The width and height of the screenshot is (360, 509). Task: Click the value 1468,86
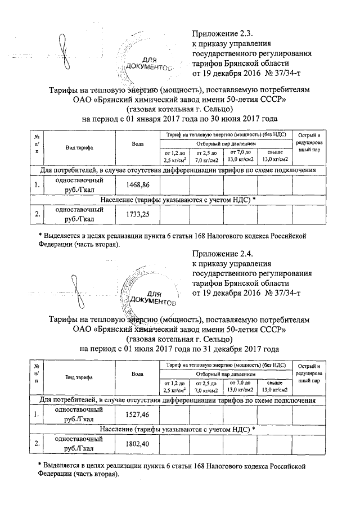tap(137, 185)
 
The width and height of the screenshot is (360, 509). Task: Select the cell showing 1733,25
tap(137, 214)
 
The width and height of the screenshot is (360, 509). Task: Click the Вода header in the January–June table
tap(137, 145)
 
